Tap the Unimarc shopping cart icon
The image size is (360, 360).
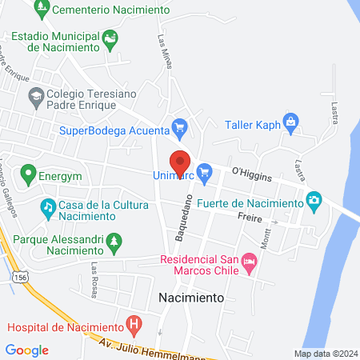204,170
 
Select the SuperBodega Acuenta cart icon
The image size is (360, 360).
180,127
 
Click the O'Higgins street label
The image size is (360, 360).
251,173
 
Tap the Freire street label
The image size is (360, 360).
250,216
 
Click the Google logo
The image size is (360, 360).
26,350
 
